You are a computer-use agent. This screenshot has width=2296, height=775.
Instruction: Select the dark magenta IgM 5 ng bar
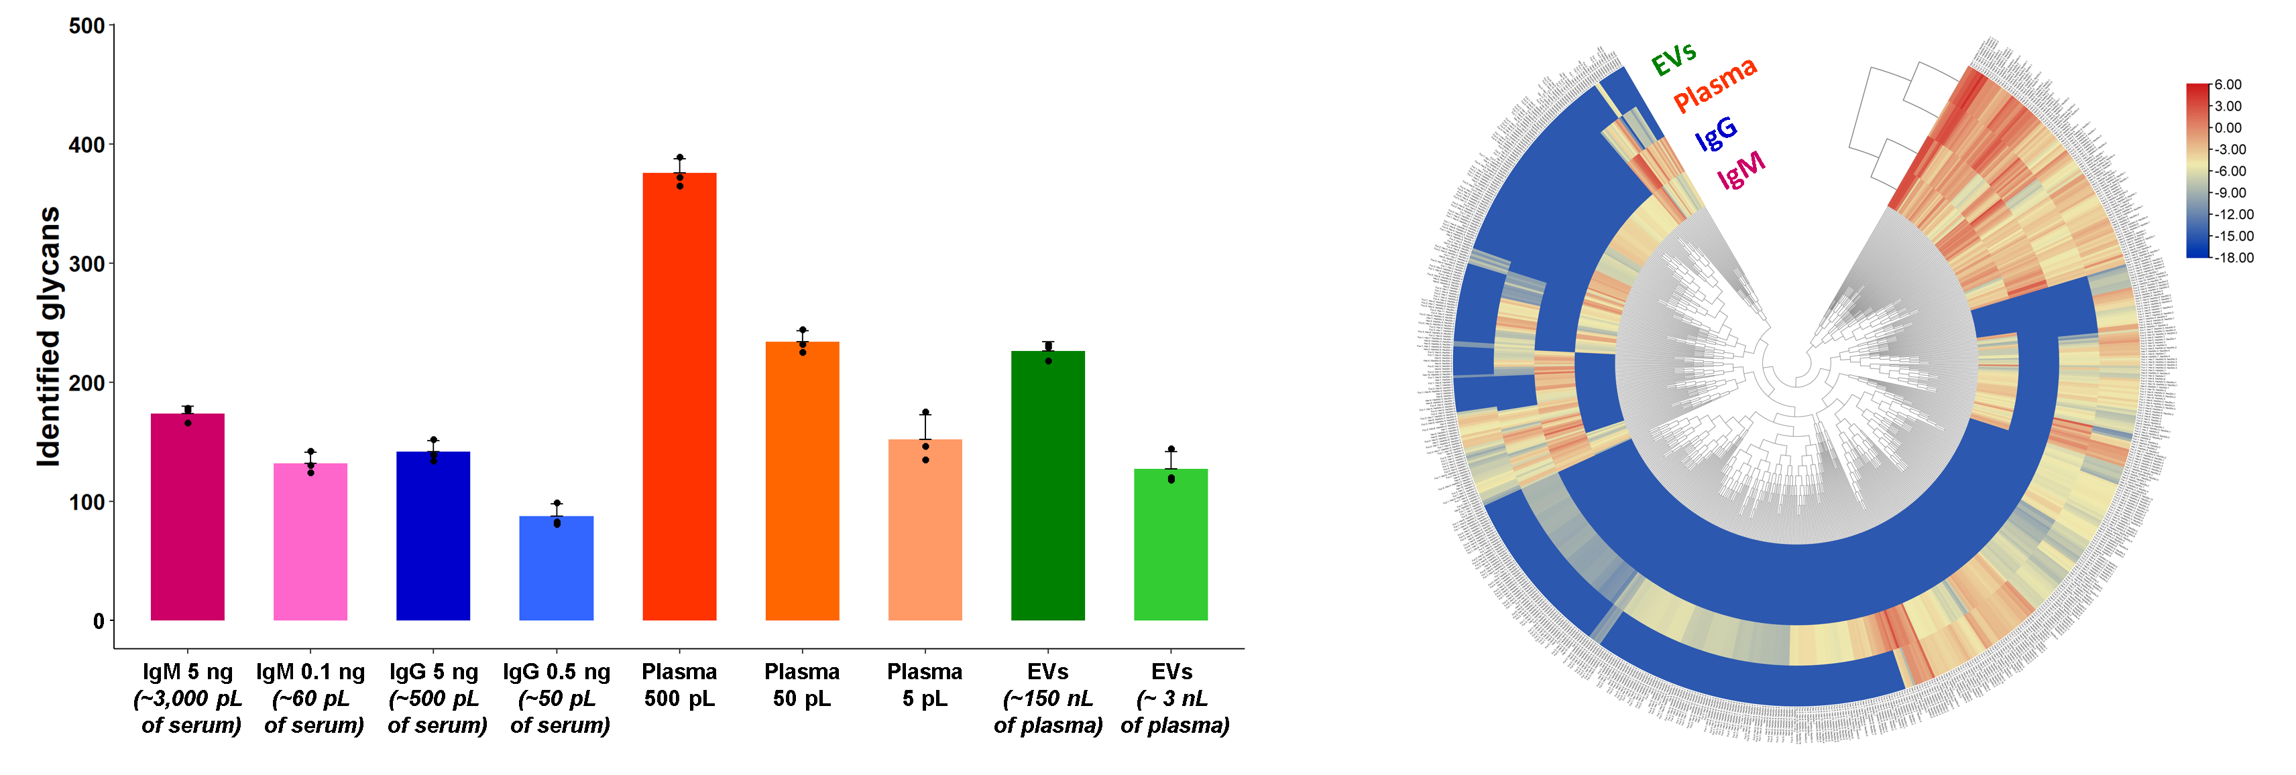(x=187, y=516)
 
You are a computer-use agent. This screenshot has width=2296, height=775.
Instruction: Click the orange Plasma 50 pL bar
(x=802, y=481)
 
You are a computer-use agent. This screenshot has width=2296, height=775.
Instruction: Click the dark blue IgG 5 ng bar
(x=433, y=535)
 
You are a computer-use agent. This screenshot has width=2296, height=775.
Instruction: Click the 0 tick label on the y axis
(x=98, y=621)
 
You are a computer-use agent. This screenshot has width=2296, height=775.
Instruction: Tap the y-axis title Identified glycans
(x=48, y=337)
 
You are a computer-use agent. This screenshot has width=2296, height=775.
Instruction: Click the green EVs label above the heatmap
(x=1673, y=59)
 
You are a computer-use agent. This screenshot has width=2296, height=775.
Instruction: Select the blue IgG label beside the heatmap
(x=1716, y=133)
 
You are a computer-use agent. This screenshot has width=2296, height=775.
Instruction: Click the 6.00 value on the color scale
(x=2228, y=84)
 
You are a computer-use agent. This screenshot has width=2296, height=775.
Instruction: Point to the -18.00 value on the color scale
(x=2234, y=257)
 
